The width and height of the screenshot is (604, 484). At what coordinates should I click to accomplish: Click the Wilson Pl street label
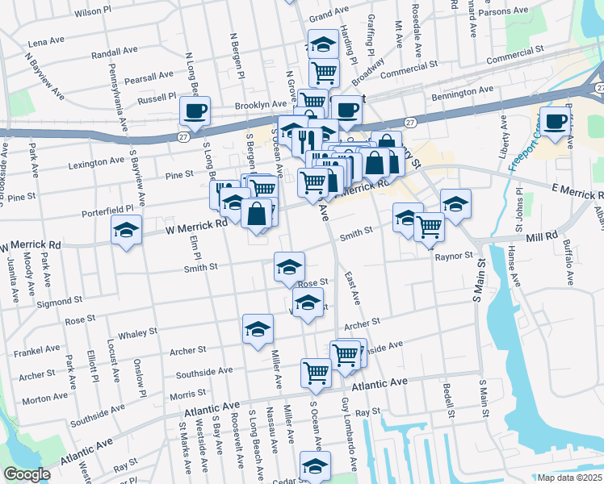tap(93, 12)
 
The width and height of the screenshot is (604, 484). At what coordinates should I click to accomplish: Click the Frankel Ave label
tap(37, 349)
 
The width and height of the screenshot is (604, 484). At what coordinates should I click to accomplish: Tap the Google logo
tap(27, 474)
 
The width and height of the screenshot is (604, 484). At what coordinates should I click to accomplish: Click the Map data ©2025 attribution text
tap(570, 478)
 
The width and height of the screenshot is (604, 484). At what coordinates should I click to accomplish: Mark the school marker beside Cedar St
tap(315, 465)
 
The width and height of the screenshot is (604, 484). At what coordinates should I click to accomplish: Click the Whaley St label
tap(137, 333)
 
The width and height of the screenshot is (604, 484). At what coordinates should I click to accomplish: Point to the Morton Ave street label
tap(45, 400)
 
